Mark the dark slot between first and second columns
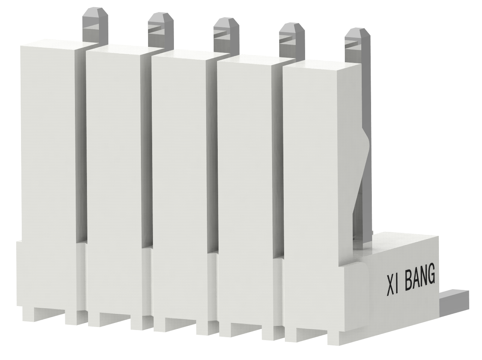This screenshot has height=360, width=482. pos(81,150)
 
